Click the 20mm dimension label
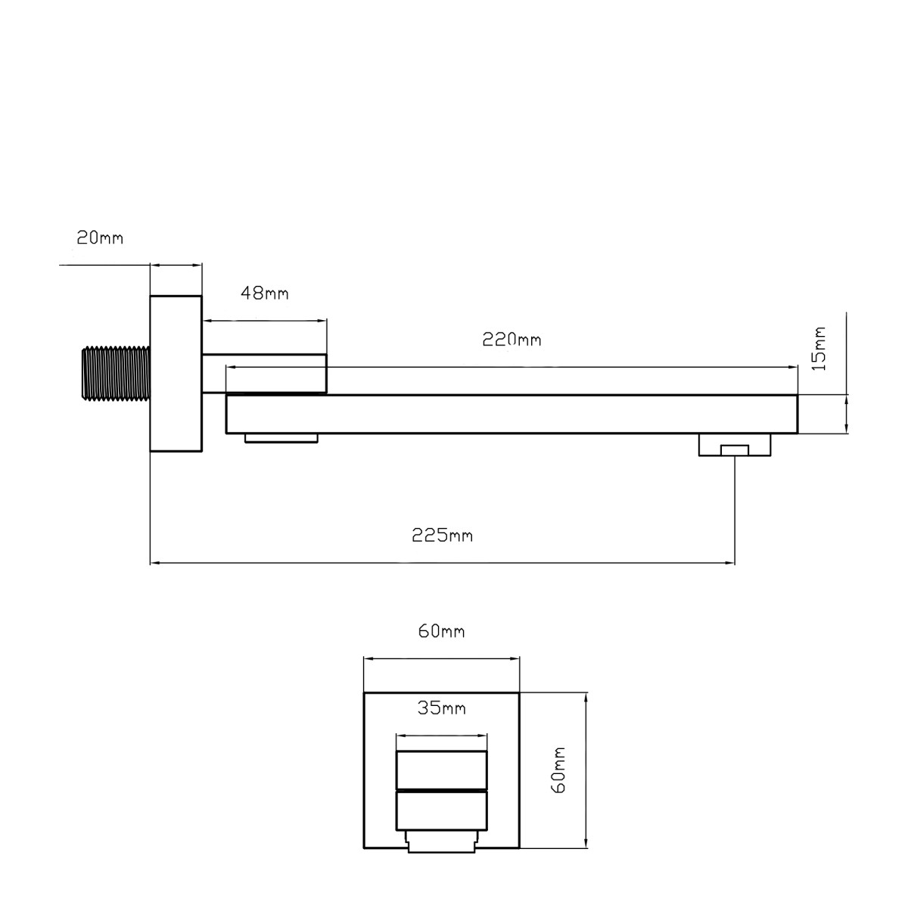[100, 238]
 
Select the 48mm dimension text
[264, 294]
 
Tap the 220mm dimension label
[512, 340]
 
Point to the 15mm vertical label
[820, 349]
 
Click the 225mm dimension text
[442, 536]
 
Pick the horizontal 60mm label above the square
[441, 631]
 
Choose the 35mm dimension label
[441, 708]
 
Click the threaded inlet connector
[116, 374]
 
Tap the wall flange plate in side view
[176, 374]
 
